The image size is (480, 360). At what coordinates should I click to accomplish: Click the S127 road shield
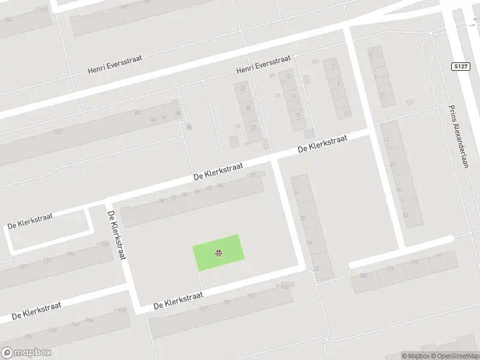pos(460,66)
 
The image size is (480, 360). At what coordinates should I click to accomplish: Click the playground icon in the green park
pos(219,253)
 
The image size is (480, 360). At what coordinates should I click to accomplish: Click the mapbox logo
pos(26,353)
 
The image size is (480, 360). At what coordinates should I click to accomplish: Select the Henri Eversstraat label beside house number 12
pos(263,65)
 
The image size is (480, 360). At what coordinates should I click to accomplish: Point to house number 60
pos(137,113)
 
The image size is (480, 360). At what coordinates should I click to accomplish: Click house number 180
pos(362,276)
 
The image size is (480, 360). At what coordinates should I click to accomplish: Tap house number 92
pos(439,256)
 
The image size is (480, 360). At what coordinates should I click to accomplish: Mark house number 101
pos(105,244)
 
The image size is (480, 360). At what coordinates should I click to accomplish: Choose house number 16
pos(292,96)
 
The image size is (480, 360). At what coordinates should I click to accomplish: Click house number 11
pos(346,113)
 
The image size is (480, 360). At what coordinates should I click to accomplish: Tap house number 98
pos(161,202)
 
